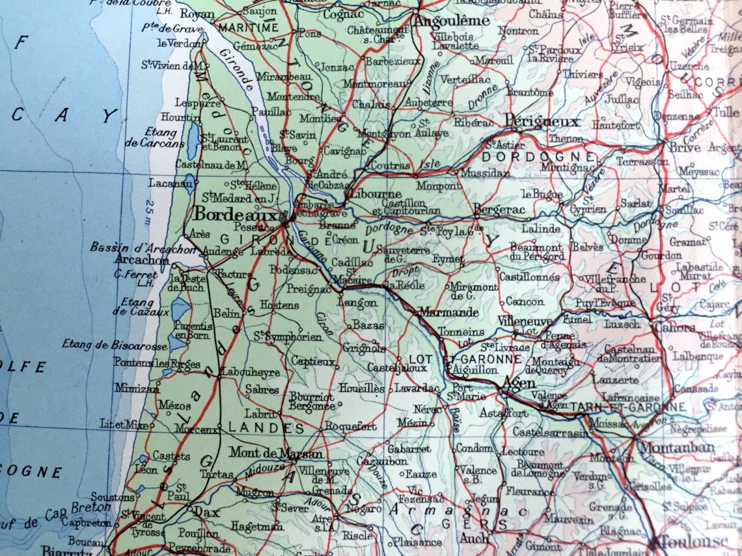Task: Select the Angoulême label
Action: pos(451,21)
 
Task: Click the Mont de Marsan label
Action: pos(275,454)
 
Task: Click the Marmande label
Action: pos(448,312)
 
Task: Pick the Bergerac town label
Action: pos(499,209)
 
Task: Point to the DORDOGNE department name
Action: pos(538,157)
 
